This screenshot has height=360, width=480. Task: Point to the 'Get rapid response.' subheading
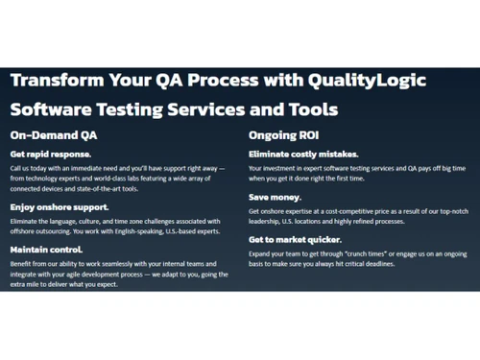[x=51, y=154]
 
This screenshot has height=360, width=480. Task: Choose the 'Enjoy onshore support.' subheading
[x=60, y=206]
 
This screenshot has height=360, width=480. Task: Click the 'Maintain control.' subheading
[x=47, y=249]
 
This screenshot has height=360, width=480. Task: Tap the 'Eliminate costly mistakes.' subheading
[x=303, y=154]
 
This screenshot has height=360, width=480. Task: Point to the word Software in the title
[x=56, y=109]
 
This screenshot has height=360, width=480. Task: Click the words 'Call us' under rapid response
[x=21, y=167]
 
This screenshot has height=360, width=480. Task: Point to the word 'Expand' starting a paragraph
[x=261, y=253]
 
